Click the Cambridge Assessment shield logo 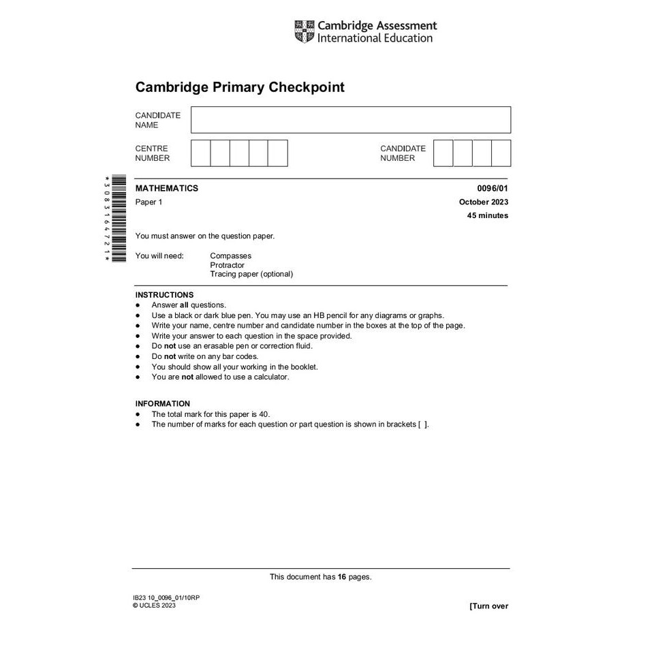[x=304, y=31]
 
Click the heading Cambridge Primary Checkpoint [x=240, y=87]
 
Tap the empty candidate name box [x=350, y=120]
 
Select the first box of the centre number [x=200, y=153]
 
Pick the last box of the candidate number [x=501, y=153]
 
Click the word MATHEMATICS [x=167, y=188]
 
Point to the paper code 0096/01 [x=493, y=188]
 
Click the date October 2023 [x=484, y=202]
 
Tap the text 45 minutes [x=488, y=215]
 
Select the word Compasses [x=230, y=256]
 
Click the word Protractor [x=227, y=265]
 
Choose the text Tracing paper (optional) [x=251, y=274]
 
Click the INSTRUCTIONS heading [x=164, y=295]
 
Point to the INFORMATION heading [x=163, y=403]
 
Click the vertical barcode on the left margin [x=118, y=218]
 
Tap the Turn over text [x=488, y=606]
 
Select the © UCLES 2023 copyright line [x=154, y=605]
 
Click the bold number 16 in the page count [x=342, y=577]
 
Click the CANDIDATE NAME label [x=158, y=120]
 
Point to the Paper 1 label [x=149, y=202]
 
